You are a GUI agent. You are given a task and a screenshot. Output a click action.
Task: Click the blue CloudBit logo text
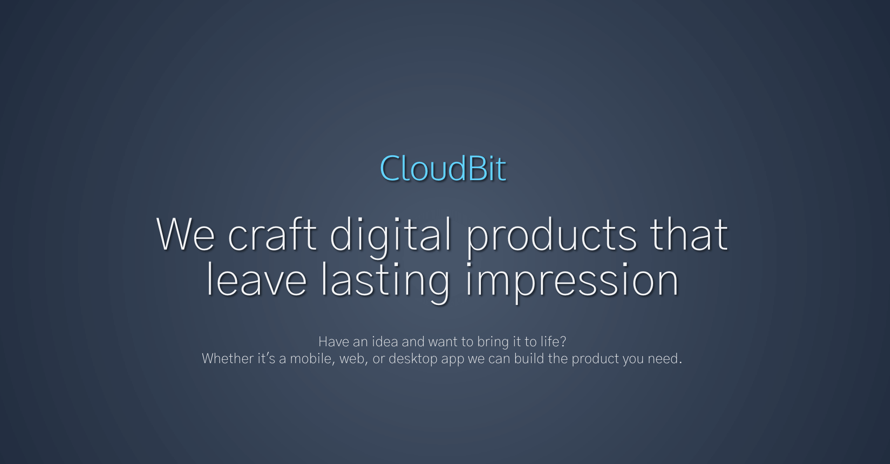pos(443,168)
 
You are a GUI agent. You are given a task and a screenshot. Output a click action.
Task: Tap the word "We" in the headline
pos(185,234)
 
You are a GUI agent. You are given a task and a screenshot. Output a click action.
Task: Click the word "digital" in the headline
pos(391,237)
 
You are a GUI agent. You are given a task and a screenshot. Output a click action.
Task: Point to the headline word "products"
pos(551,237)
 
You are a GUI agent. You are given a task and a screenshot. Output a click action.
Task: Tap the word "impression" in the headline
pos(572,282)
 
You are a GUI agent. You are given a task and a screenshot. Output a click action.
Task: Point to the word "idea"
pos(385,341)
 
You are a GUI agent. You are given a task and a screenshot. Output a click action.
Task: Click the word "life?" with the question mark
pos(553,341)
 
